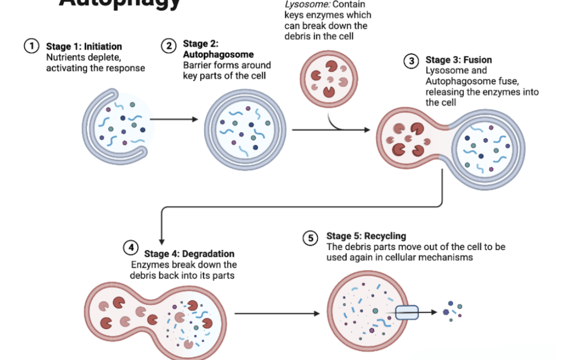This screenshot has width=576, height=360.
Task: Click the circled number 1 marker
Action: [31, 46]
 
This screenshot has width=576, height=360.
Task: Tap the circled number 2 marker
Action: [169, 46]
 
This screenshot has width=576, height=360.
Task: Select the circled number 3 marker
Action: [411, 61]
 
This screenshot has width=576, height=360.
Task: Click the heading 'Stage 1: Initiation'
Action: [84, 47]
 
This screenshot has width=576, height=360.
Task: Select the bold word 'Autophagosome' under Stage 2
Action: [218, 54]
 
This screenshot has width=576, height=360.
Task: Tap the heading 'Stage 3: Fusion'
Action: [458, 60]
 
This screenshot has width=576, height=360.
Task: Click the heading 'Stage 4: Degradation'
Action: [189, 254]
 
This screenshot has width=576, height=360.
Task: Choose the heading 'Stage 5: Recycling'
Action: [366, 236]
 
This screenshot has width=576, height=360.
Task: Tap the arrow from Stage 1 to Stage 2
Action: [171, 119]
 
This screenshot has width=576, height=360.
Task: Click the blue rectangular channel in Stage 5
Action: [406, 313]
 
